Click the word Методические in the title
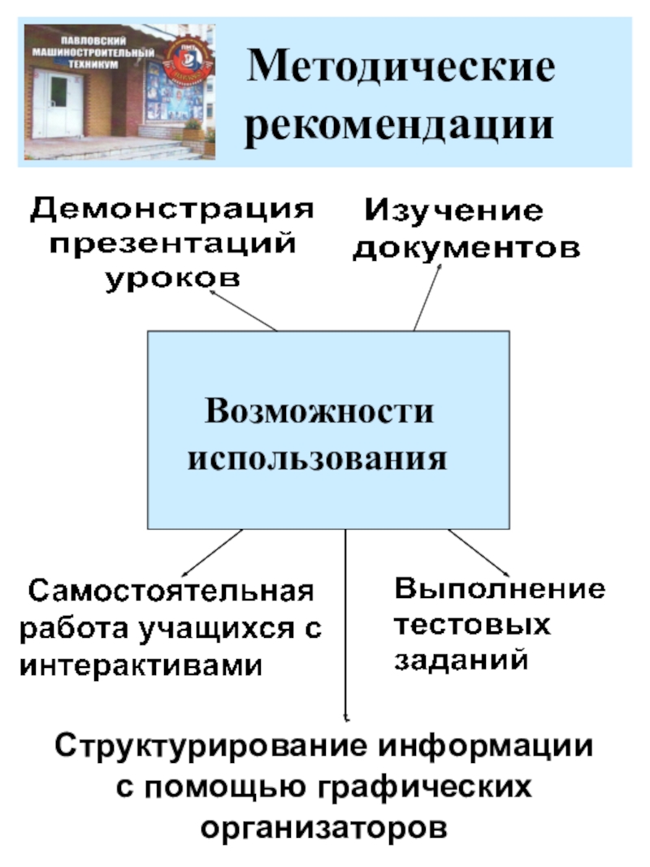point(402,69)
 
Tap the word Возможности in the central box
point(319,412)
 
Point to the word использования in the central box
point(318,459)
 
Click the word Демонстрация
point(171,209)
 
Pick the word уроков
point(173,278)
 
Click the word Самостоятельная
point(171,591)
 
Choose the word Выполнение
point(500,589)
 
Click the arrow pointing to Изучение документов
point(427,297)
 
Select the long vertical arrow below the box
point(346,626)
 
